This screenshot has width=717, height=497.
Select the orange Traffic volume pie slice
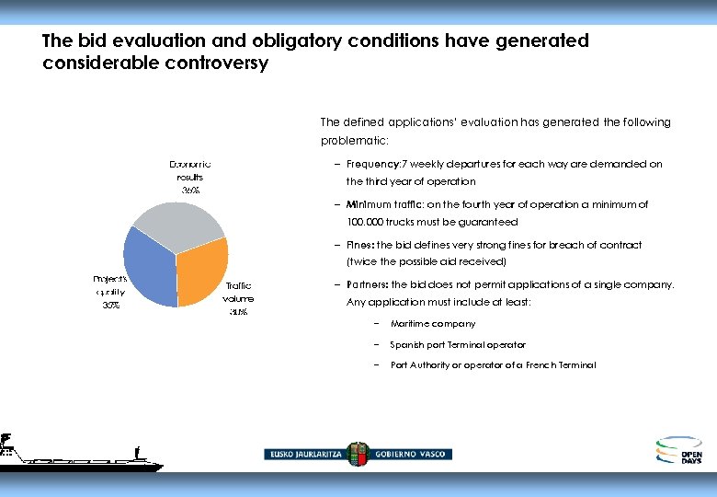(203, 272)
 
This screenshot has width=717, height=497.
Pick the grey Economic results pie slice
(178, 225)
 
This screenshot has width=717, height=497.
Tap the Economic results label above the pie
(190, 176)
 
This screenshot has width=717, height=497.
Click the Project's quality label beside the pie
(109, 291)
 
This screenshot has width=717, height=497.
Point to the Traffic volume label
(238, 298)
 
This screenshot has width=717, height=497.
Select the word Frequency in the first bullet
(371, 165)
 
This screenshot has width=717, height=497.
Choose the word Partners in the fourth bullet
(367, 284)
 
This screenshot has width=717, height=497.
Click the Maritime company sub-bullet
(432, 324)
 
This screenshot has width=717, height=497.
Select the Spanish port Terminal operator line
(457, 345)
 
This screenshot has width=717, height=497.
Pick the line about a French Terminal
(493, 365)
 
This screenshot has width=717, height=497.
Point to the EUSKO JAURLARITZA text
(304, 455)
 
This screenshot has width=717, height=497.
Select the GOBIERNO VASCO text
(411, 455)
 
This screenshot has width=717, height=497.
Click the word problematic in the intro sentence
(354, 141)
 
